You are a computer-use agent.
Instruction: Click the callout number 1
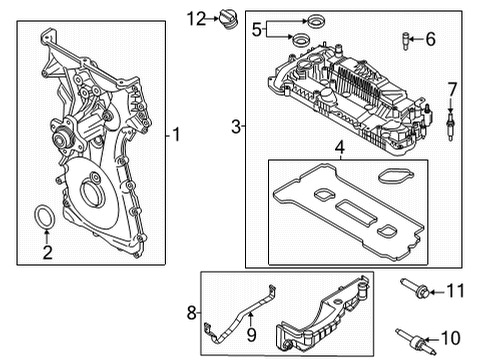tap(177, 132)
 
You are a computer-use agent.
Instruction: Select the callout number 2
tap(47, 252)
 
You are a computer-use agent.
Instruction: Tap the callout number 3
tap(236, 126)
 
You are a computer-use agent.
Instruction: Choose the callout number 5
tap(256, 29)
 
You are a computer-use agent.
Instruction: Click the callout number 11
tap(456, 291)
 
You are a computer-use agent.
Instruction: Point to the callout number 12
tap(196, 17)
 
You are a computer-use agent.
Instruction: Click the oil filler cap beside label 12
tap(226, 20)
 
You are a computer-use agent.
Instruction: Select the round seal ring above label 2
tap(46, 220)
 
